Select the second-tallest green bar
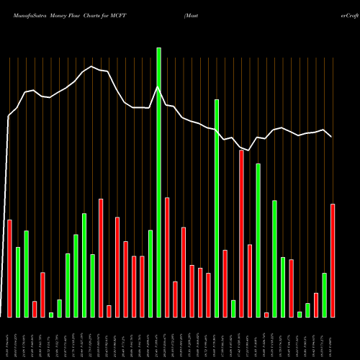tap(217, 208)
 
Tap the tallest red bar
tap(241, 233)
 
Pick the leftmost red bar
tap(9, 268)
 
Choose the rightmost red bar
tap(333, 260)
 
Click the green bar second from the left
tap(26, 274)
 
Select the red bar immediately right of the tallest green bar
tap(167, 257)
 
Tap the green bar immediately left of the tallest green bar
tap(150, 274)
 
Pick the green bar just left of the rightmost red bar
tap(324, 295)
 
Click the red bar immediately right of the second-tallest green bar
tap(225, 283)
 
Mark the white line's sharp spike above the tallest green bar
tap(158, 87)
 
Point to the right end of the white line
tap(332, 137)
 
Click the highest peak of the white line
tap(92, 66)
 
